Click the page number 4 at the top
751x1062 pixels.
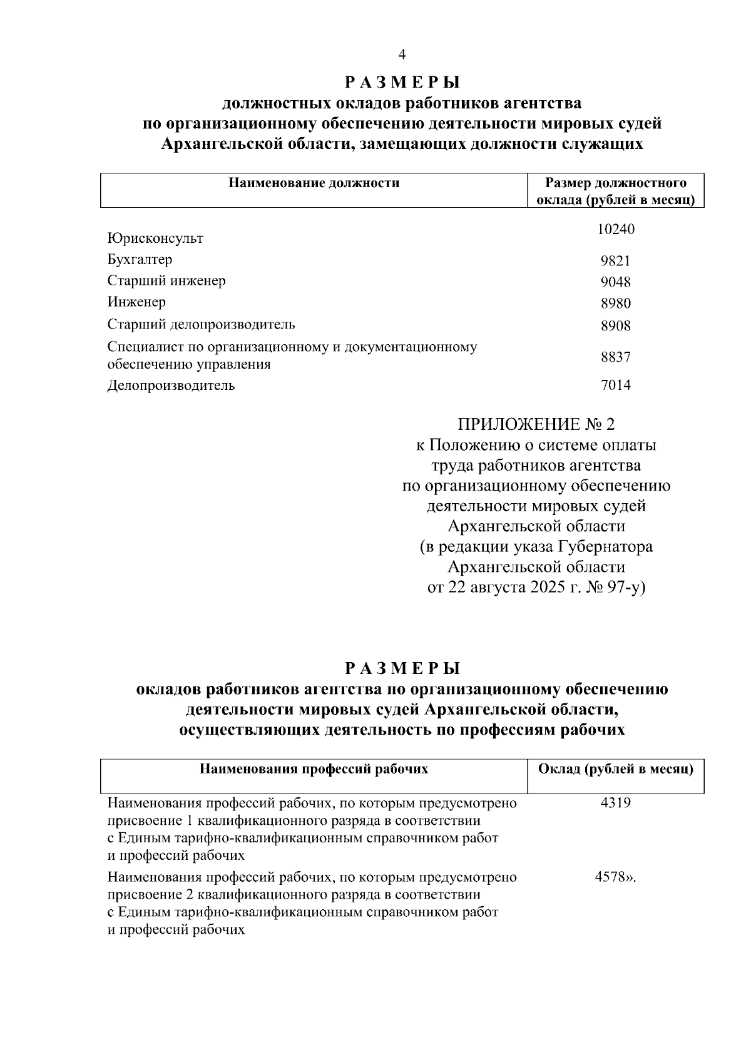click(x=402, y=55)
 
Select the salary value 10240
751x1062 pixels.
click(x=615, y=230)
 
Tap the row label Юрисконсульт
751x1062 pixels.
click(x=155, y=238)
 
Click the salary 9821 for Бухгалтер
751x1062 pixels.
click(x=615, y=261)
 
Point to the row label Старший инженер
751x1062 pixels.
click(x=166, y=280)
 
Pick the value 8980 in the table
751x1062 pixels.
click(x=615, y=304)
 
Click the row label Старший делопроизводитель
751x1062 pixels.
click(x=201, y=324)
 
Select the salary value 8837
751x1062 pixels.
click(x=615, y=357)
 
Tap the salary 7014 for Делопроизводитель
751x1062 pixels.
click(x=615, y=385)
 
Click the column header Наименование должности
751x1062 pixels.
click(x=314, y=183)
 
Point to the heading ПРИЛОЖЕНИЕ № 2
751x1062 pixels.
click(x=536, y=425)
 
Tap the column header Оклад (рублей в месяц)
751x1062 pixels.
click(x=615, y=769)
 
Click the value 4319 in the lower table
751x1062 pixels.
click(x=615, y=802)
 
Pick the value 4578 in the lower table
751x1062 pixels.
click(x=610, y=877)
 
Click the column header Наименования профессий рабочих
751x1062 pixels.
click(x=314, y=769)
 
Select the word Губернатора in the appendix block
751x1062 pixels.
click(x=605, y=546)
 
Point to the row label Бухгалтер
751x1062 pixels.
click(x=140, y=259)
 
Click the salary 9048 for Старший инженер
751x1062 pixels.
click(x=615, y=282)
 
